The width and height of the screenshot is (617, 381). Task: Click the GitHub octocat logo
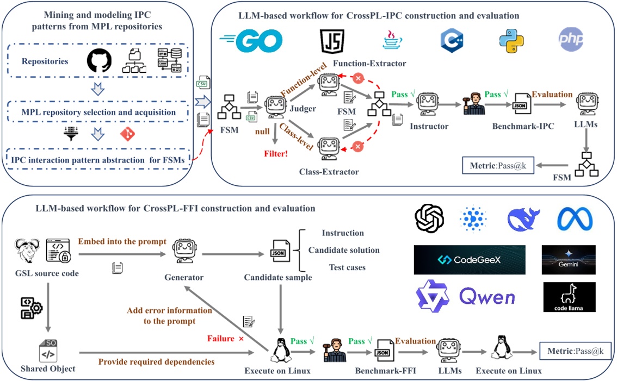tap(99, 61)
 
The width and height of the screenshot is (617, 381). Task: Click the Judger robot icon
tap(276, 104)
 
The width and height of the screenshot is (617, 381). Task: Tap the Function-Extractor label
tap(372, 64)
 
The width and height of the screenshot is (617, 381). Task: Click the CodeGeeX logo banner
tap(470, 260)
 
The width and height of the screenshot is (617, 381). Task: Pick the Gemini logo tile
tap(569, 260)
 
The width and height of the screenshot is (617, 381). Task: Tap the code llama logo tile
tap(569, 297)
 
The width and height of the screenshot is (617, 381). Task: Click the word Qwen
tap(487, 297)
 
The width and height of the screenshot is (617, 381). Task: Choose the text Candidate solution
tap(344, 250)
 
